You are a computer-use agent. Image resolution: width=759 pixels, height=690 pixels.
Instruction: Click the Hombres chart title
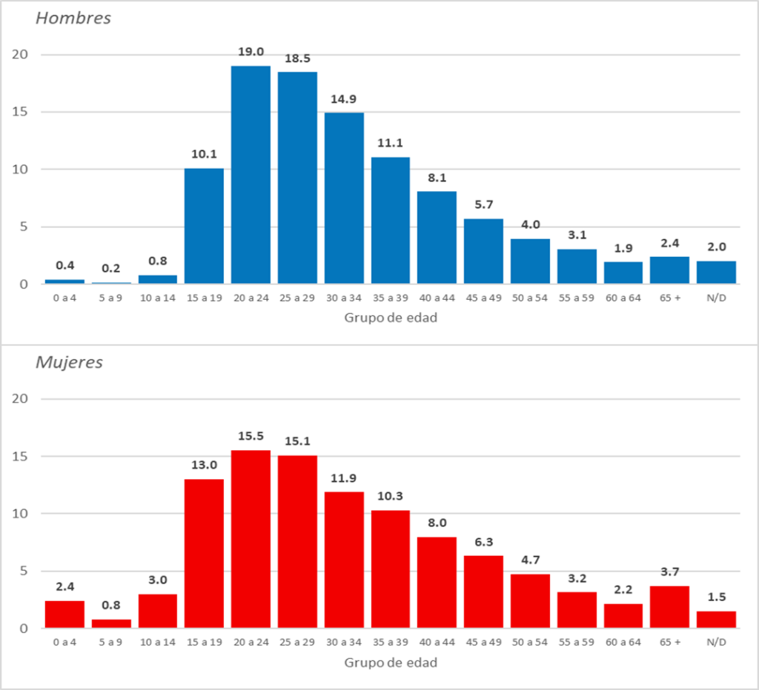tap(73, 19)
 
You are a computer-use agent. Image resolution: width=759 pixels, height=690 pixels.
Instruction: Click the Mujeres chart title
tap(69, 363)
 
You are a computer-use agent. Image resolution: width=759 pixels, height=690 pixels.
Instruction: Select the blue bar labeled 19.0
tap(251, 175)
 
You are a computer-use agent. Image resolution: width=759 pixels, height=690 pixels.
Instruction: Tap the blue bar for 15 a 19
tap(204, 226)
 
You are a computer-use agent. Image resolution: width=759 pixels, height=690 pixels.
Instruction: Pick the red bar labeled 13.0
tap(204, 554)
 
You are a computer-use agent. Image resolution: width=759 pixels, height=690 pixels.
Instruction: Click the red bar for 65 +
tap(669, 607)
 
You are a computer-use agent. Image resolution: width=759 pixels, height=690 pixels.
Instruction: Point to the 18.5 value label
tap(297, 58)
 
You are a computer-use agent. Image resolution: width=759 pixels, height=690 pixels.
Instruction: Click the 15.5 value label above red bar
tap(251, 436)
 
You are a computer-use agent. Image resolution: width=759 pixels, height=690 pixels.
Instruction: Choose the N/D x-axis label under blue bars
tap(716, 298)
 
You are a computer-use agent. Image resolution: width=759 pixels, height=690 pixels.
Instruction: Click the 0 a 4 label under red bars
tap(64, 642)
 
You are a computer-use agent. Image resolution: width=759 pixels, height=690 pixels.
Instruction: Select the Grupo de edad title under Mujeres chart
tap(391, 662)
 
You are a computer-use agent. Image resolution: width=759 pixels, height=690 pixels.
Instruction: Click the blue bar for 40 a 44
tap(437, 237)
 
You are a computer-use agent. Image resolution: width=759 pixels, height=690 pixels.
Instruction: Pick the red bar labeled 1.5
tap(716, 620)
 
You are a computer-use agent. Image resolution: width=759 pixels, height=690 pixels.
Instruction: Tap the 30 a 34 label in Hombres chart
tap(344, 298)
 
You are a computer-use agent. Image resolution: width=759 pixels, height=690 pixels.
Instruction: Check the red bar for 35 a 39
tap(391, 569)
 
